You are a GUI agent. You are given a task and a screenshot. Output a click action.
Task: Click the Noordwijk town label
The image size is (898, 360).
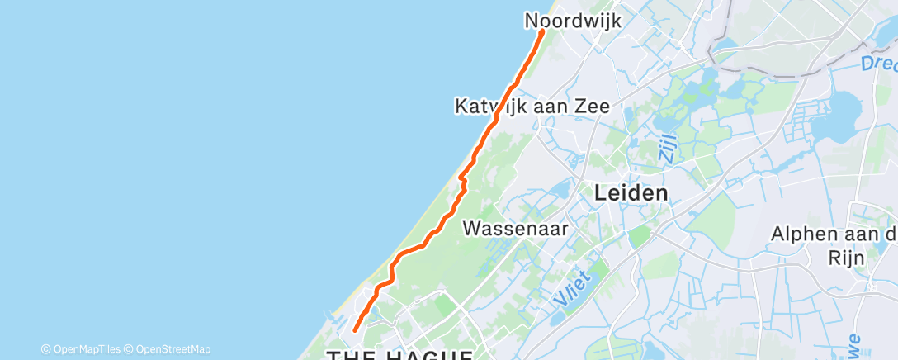point(573,21)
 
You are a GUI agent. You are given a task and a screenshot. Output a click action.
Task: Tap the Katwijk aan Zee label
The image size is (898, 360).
point(532,107)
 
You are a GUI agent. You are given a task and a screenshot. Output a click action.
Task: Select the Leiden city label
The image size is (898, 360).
point(631,193)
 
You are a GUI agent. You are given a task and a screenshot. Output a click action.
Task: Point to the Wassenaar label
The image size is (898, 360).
point(516,229)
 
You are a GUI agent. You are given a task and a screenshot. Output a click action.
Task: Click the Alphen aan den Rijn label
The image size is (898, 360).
point(834,245)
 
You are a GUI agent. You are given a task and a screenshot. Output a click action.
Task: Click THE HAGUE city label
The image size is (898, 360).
point(400,355)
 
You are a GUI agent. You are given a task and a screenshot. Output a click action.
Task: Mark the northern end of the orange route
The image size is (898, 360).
point(542,31)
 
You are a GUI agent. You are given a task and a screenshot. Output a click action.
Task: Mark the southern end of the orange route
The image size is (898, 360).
point(355,330)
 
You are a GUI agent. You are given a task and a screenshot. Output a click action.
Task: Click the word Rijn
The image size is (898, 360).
point(848,258)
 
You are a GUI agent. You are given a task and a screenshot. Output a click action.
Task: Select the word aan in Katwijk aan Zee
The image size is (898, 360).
point(550,107)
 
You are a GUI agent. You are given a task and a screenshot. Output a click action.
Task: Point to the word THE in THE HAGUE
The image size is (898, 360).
point(349,355)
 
